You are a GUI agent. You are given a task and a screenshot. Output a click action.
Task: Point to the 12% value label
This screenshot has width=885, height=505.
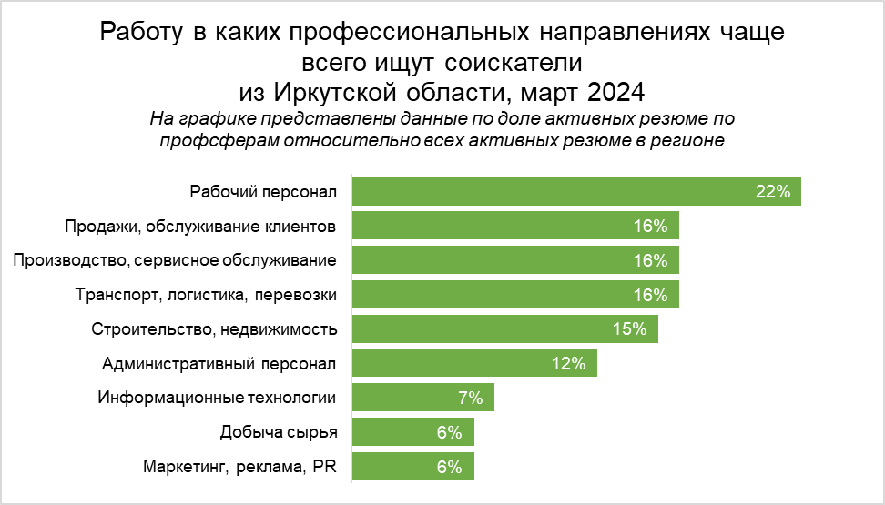[x=568, y=364]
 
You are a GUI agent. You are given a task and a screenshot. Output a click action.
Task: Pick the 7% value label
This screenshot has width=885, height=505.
[x=470, y=398]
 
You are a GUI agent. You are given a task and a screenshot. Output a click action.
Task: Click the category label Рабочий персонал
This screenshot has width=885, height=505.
[x=263, y=191]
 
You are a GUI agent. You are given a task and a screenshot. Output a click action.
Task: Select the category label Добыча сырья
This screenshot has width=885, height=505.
[x=279, y=432]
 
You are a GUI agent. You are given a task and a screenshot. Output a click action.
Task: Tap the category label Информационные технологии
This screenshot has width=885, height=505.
[x=217, y=398]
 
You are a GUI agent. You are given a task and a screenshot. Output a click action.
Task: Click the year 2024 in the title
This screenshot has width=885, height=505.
[x=615, y=92]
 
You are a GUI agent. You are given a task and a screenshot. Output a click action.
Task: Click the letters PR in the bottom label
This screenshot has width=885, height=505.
[x=324, y=467]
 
